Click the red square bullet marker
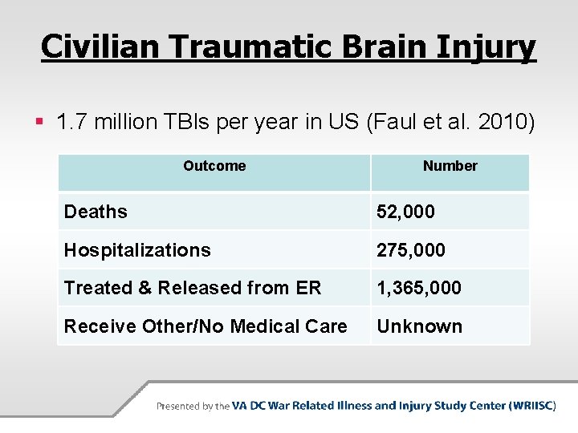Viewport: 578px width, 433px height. coord(40,123)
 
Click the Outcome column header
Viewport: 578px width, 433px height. coord(214,166)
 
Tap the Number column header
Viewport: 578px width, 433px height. coord(450,166)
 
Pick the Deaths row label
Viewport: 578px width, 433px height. coord(96,212)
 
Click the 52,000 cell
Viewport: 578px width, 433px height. coord(405,212)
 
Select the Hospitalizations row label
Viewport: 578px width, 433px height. coord(137,250)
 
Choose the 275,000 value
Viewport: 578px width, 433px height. coord(411,250)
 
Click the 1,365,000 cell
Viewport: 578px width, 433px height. coord(419,288)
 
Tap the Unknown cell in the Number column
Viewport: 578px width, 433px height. coord(419,326)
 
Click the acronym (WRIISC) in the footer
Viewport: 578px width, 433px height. coord(532,406)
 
